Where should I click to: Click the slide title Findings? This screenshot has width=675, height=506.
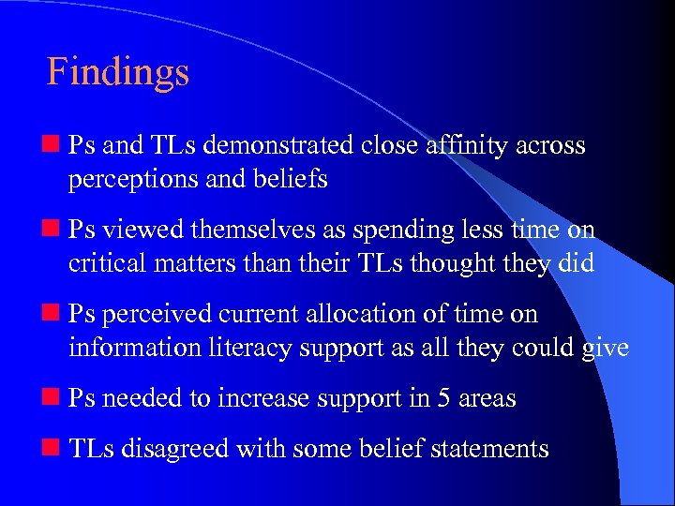click(x=118, y=72)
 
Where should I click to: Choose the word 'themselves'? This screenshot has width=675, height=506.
click(x=236, y=231)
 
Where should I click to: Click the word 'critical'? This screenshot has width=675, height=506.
click(x=103, y=263)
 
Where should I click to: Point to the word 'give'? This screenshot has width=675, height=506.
click(x=604, y=349)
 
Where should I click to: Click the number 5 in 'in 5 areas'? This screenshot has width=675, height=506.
click(x=445, y=399)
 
